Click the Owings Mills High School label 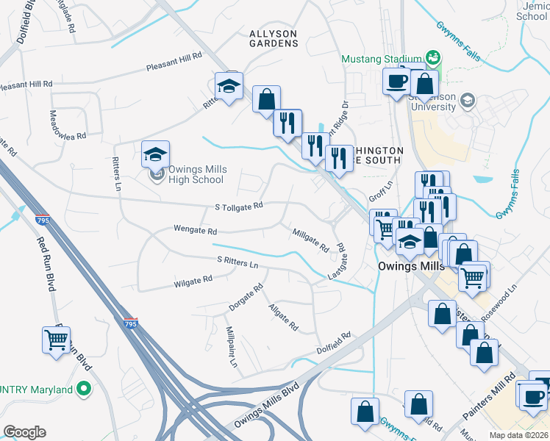(x=196, y=174)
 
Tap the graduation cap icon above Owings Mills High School (x=155, y=154)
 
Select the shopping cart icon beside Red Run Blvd (x=57, y=340)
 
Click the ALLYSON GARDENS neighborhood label (x=273, y=38)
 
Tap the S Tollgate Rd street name (x=239, y=207)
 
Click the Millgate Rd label (x=310, y=240)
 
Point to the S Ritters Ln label (x=238, y=262)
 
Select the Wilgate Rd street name (x=193, y=280)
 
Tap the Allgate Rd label (x=283, y=316)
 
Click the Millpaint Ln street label (x=232, y=347)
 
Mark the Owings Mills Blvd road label (x=266, y=405)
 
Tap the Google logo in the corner (x=24, y=432)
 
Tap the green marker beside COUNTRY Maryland (x=84, y=389)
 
